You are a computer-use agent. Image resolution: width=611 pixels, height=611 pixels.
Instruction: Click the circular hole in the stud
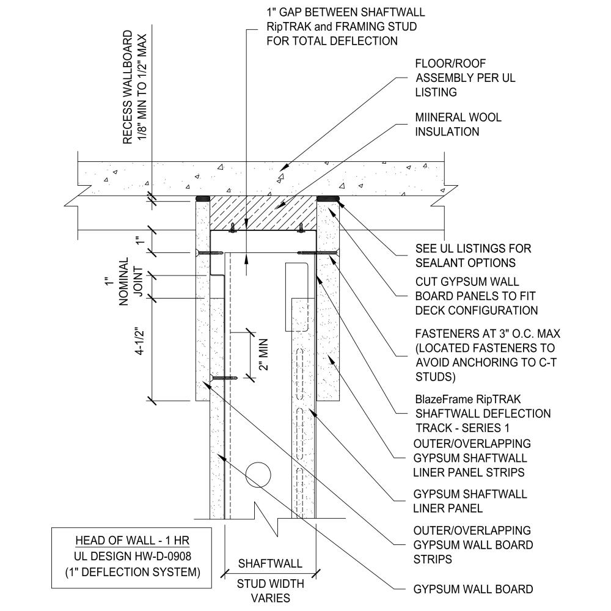click(259, 474)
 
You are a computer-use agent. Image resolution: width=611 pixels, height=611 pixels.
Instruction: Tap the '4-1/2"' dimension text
click(142, 349)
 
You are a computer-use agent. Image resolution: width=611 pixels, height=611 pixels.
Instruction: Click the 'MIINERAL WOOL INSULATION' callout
click(458, 124)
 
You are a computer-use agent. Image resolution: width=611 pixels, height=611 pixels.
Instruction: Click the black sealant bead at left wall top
click(202, 198)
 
